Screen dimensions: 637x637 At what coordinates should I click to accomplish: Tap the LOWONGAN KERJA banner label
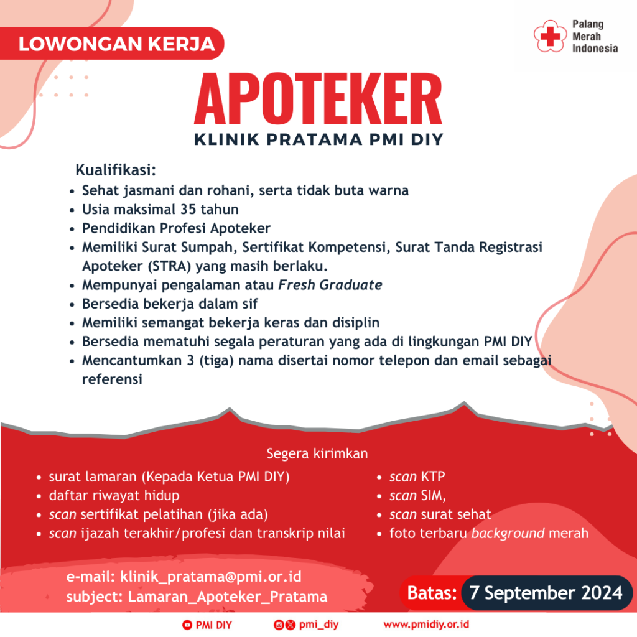click(x=117, y=44)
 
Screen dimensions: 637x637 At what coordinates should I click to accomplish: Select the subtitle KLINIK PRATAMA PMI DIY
click(x=318, y=139)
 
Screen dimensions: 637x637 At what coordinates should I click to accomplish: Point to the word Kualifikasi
click(x=115, y=170)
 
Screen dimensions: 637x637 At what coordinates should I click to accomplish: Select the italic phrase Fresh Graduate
click(x=330, y=285)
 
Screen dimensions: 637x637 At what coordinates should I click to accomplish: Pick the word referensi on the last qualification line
click(x=112, y=379)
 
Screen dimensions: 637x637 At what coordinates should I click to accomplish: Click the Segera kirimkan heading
click(x=317, y=452)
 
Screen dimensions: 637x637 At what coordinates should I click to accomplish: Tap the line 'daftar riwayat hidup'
click(x=114, y=496)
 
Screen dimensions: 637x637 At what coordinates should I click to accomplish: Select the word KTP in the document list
click(x=433, y=477)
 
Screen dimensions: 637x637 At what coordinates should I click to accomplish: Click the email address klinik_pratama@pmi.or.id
click(x=211, y=577)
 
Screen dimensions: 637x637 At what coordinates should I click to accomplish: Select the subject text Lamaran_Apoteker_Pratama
click(x=228, y=597)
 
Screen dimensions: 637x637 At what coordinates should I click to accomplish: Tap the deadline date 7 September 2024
click(x=546, y=592)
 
